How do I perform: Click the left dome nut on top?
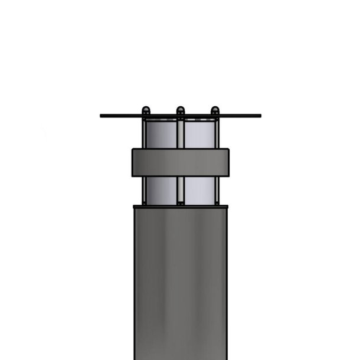[146, 110]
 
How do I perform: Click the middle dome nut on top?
[181, 110]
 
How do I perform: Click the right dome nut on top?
[215, 110]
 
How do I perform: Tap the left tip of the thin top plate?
[102, 116]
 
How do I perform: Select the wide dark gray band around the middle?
[180, 162]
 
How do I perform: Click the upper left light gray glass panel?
[161, 134]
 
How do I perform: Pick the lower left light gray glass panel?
[161, 190]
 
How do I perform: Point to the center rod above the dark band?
[181, 133]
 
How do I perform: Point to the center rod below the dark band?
[181, 190]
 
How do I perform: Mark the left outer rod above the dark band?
[143, 133]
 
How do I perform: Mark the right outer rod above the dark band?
[217, 133]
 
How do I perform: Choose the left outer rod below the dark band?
[143, 190]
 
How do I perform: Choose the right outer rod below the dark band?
[217, 190]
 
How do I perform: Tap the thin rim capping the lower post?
[180, 206]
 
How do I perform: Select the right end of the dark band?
[227, 162]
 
